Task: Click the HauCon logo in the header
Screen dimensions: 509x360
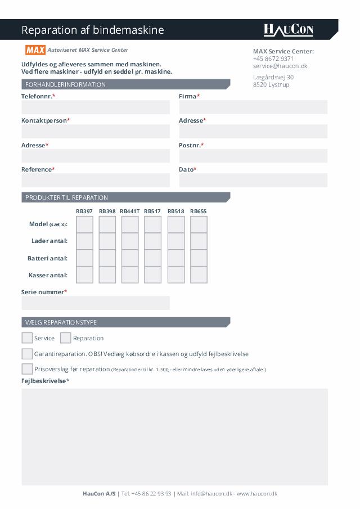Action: (288, 30)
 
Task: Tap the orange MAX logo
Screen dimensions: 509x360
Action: (35, 50)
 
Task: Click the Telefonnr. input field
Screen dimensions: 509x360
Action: (96, 107)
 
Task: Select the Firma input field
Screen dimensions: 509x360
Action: (253, 107)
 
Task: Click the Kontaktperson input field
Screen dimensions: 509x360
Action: (96, 132)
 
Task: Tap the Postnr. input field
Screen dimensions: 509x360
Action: (253, 156)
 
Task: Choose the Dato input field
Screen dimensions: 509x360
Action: (253, 180)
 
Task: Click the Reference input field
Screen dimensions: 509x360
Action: (96, 180)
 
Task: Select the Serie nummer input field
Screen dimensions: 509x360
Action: (96, 303)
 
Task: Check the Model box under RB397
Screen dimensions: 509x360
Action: (84, 224)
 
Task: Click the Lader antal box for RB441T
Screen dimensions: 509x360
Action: (130, 241)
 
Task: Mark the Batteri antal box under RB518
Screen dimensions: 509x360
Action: (176, 258)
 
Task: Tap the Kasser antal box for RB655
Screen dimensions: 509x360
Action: (199, 275)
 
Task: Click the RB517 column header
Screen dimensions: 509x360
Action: (152, 211)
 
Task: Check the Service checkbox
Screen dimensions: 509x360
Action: (27, 338)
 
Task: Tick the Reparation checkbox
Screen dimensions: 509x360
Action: (66, 338)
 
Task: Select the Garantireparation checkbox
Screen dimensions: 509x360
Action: (27, 354)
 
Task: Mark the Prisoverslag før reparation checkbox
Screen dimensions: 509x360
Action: (27, 369)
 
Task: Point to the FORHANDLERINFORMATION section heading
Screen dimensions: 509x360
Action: (65, 84)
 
